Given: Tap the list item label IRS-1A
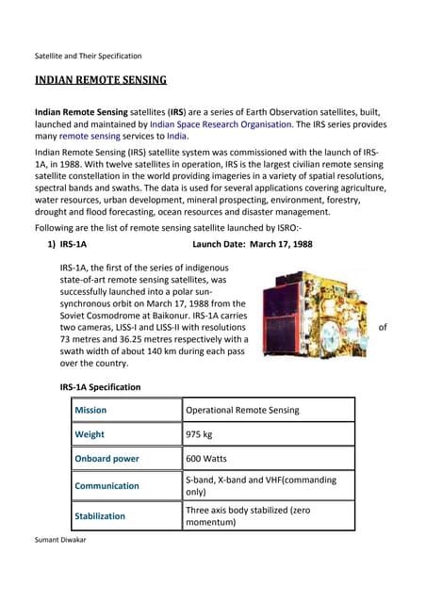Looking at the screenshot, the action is pyautogui.click(x=73, y=244).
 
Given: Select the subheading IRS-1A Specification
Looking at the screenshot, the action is pyautogui.click(x=100, y=387).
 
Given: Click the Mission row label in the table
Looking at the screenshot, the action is pyautogui.click(x=91, y=411).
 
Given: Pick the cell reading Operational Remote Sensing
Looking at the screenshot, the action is pyautogui.click(x=242, y=411).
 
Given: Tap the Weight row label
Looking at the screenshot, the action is pyautogui.click(x=90, y=434).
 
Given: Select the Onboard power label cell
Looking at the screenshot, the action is pyautogui.click(x=107, y=459).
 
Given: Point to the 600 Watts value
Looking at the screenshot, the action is pyautogui.click(x=211, y=459).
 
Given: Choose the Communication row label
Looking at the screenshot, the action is pyautogui.click(x=107, y=486).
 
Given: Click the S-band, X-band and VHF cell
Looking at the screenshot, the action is pyautogui.click(x=260, y=486).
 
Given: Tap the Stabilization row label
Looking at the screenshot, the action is pyautogui.click(x=100, y=516).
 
